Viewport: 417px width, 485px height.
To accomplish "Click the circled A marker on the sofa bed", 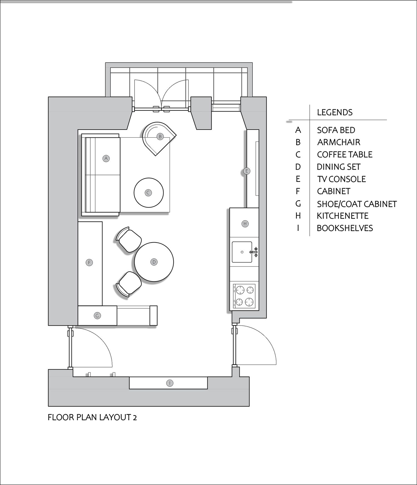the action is pos(106,159).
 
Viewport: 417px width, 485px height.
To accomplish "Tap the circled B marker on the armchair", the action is pos(160,137).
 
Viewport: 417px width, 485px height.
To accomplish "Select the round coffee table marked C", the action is pos(149,193).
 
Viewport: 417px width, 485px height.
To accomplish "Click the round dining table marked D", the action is pos(154,262).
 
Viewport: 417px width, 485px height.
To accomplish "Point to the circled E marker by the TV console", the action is pos(246,171).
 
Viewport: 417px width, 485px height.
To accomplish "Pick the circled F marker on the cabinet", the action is pos(89,263).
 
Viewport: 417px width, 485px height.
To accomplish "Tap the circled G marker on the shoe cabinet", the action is pos(97,316).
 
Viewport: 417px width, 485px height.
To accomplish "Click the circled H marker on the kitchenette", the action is pos(245,224).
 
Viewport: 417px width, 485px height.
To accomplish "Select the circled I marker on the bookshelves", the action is pos(169,383).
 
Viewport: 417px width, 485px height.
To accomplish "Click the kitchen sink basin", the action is pos(242,252).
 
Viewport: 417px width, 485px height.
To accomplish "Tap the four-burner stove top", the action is pos(244,296).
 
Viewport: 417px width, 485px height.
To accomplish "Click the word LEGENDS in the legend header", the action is pos(335,112).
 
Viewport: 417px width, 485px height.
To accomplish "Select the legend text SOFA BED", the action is pos(336,130).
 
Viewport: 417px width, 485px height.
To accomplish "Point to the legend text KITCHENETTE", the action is pos(343,216).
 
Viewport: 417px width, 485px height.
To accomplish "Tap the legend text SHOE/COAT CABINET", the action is pos(357,204).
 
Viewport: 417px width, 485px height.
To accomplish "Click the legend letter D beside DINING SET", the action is pos(298,167).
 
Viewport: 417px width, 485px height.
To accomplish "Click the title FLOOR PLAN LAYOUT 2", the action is pos(92,417).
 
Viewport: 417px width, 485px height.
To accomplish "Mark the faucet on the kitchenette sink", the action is pos(254,252).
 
